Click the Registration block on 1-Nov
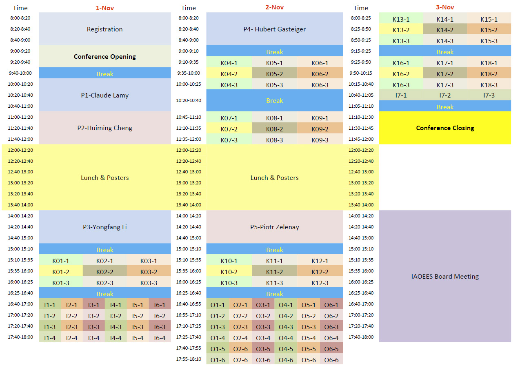[104, 29]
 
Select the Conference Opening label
[104, 56]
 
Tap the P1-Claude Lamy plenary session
[104, 95]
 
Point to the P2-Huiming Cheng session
[104, 128]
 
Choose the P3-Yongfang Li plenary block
[104, 227]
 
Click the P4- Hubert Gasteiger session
[274, 29]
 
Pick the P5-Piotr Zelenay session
[274, 227]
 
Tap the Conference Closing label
[445, 128]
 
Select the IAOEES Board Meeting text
[445, 276]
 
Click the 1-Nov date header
[104, 7]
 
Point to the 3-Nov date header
[445, 7]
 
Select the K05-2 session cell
[274, 74]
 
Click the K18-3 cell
[489, 85]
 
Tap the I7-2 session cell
[445, 95]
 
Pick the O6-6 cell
[331, 360]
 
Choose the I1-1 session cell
[50, 305]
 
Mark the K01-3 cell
[61, 283]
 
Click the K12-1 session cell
[320, 261]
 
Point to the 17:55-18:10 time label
[189, 359]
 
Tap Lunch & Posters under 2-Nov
[274, 177]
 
